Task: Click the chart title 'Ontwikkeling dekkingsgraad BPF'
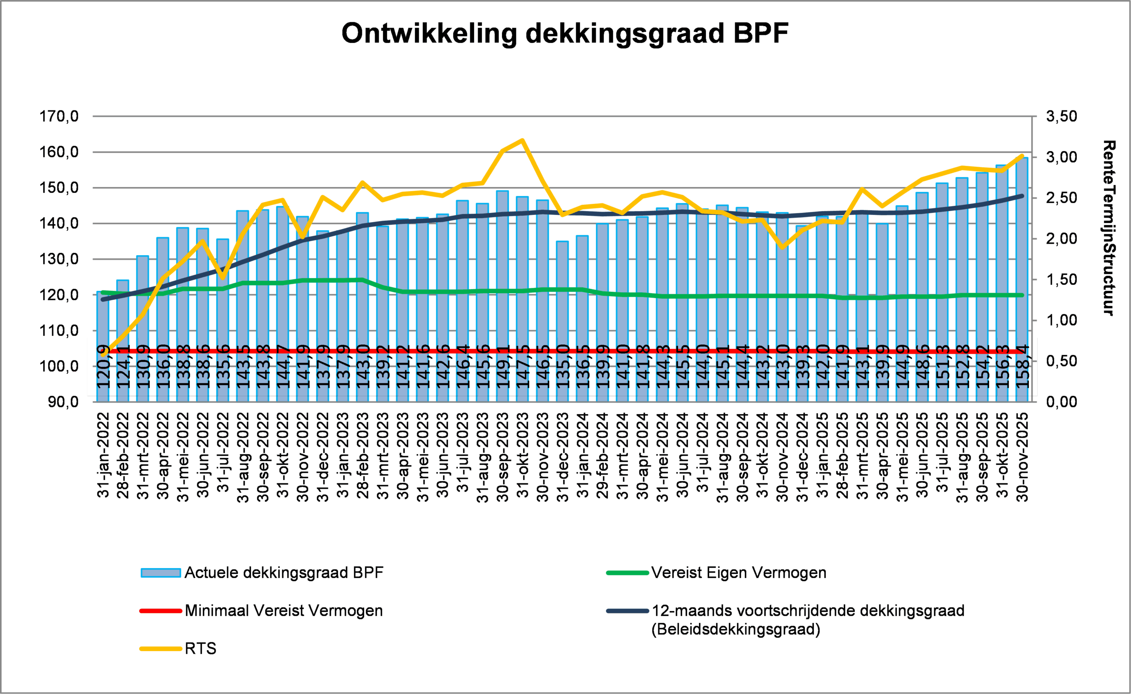point(565,34)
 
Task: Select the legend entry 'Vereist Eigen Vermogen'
point(738,573)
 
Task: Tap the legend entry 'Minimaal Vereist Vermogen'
point(283,611)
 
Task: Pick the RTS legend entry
point(200,649)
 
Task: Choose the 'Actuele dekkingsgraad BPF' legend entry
point(283,573)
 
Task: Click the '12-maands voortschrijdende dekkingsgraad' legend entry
point(808,611)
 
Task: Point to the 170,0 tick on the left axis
point(59,117)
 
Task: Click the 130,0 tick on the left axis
point(59,259)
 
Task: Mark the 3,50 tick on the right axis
point(1061,117)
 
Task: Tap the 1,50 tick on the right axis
point(1061,279)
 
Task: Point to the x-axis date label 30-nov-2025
point(1022,456)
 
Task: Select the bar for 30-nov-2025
point(1022,275)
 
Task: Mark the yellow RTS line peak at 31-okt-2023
point(523,140)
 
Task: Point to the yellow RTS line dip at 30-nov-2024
point(782,248)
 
